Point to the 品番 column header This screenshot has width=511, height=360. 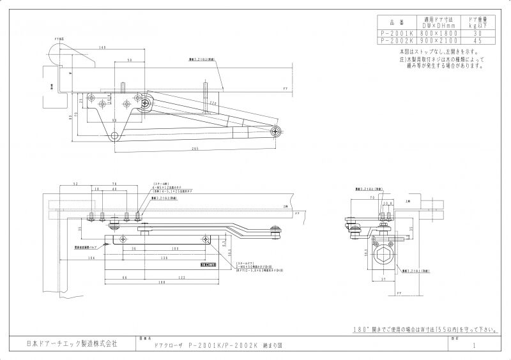(397, 22)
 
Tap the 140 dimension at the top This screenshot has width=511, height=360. (102, 48)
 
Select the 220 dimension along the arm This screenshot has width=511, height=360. (213, 102)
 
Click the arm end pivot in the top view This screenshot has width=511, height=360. (276, 131)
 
